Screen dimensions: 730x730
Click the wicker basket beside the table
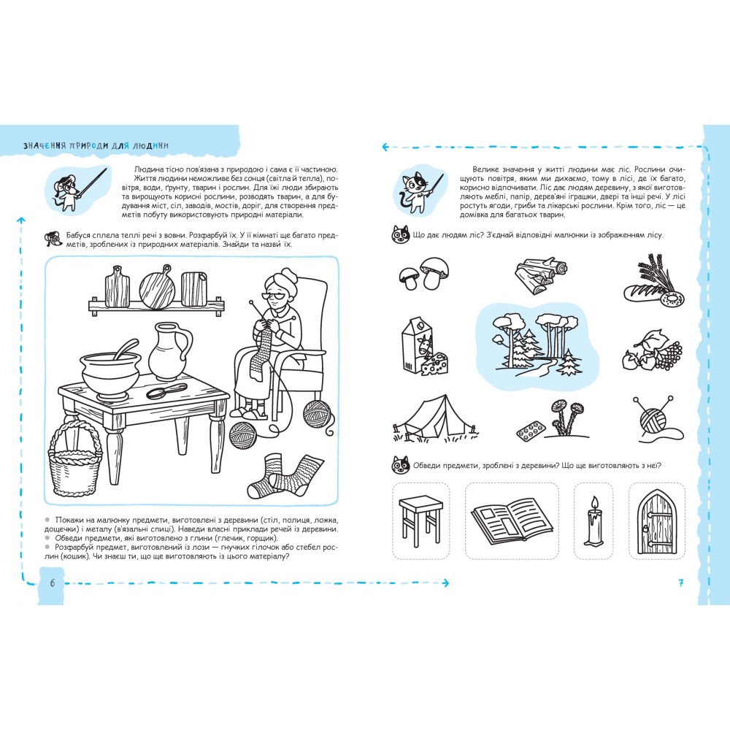[x=75, y=466]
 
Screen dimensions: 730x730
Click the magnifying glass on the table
[x=166, y=391]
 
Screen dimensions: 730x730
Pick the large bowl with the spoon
[x=110, y=371]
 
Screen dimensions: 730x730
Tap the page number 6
[x=52, y=583]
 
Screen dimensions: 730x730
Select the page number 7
[x=680, y=583]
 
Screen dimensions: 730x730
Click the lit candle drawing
[x=593, y=521]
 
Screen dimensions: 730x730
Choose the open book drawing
[x=512, y=520]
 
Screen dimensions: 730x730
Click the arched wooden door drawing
[x=656, y=521]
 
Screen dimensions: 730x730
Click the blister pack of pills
[x=530, y=431]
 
